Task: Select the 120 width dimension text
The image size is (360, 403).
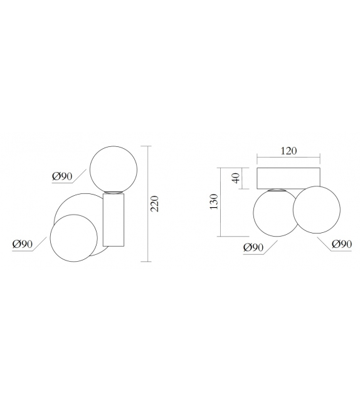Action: click(x=289, y=151)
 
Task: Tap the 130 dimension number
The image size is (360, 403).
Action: click(x=213, y=201)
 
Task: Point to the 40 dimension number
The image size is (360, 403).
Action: click(x=236, y=178)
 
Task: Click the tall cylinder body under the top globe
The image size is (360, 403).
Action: click(x=114, y=220)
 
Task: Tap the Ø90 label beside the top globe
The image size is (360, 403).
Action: click(x=63, y=177)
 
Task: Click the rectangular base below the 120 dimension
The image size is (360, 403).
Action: click(x=289, y=178)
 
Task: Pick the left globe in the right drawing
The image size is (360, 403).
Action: click(x=273, y=213)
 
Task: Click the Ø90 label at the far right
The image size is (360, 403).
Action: click(x=342, y=244)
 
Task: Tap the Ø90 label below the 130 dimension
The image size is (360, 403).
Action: click(x=253, y=248)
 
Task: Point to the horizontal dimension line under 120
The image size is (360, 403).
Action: click(x=289, y=158)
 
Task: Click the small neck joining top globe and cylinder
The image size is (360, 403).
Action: click(x=114, y=192)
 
